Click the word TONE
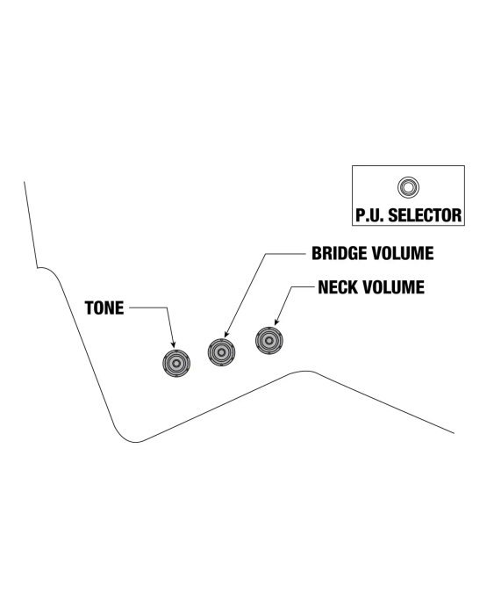[x=104, y=308]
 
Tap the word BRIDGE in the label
[x=337, y=253]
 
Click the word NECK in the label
[x=337, y=287]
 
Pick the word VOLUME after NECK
[x=392, y=287]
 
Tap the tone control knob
[x=176, y=363]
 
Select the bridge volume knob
[x=221, y=351]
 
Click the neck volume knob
[x=269, y=341]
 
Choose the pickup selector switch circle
[x=408, y=187]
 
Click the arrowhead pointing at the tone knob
[x=174, y=344]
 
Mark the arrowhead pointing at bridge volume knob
[x=226, y=334]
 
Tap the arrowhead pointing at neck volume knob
[x=276, y=322]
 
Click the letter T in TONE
[x=89, y=308]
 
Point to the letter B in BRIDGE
[x=317, y=253]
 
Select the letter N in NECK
[x=323, y=287]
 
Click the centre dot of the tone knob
[x=176, y=363]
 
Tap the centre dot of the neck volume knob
[x=269, y=341]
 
